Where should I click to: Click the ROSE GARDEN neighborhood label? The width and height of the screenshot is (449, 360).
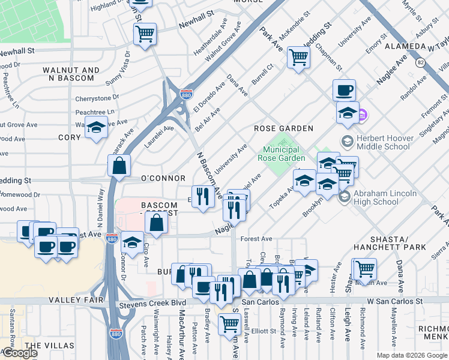click(283, 128)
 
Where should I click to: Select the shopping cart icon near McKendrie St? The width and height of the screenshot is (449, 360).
click(298, 58)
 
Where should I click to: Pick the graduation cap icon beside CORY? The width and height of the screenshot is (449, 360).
click(95, 128)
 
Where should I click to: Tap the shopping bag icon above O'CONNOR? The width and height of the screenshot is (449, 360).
click(119, 165)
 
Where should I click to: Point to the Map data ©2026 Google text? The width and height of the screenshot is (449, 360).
click(411, 355)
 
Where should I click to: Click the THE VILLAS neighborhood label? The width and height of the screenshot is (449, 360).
click(50, 346)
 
